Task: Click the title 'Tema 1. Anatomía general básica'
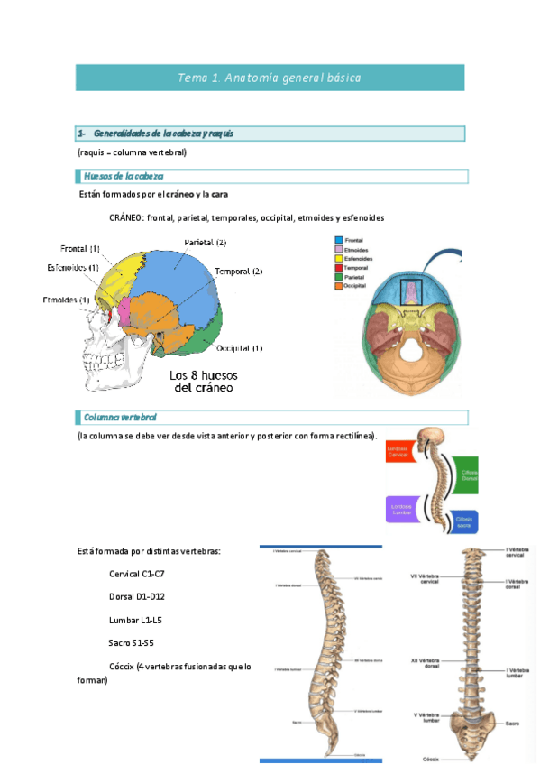(x=270, y=78)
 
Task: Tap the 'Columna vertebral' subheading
(x=119, y=418)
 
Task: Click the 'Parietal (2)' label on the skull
(x=205, y=243)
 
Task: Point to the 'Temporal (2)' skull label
(x=238, y=272)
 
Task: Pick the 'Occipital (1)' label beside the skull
(x=239, y=348)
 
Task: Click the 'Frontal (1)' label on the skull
(x=80, y=249)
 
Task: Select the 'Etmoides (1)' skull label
(x=65, y=300)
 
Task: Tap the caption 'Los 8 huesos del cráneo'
(x=203, y=382)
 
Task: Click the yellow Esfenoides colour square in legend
(x=338, y=257)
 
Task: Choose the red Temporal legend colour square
(x=338, y=267)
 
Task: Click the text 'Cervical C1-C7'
(x=136, y=574)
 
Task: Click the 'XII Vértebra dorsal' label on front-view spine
(x=424, y=663)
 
